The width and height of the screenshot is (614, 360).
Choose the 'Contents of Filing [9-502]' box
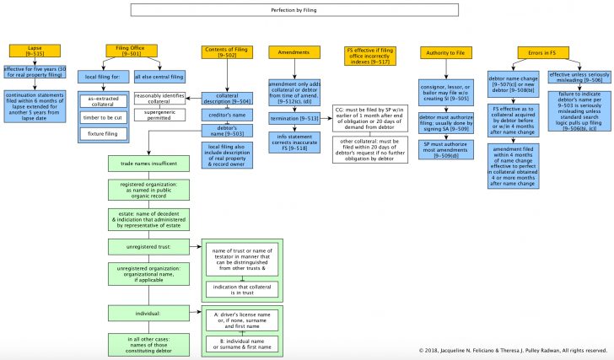222,51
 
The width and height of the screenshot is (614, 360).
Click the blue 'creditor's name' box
222,113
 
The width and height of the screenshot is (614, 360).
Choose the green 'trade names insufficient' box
152,163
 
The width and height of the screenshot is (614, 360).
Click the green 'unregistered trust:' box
152,246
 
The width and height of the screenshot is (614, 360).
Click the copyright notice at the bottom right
512,350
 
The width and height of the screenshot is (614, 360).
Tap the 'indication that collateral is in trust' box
242,289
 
